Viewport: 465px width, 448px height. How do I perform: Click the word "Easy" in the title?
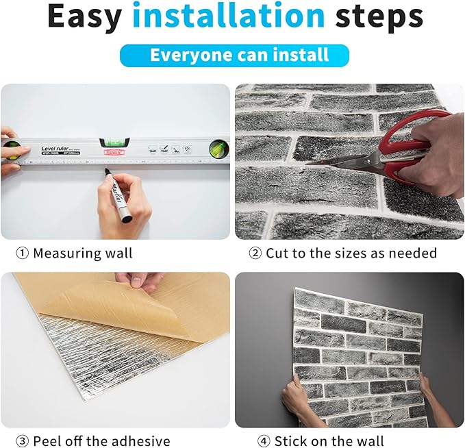coord(84,18)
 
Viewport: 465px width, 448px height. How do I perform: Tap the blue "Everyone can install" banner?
coord(234,55)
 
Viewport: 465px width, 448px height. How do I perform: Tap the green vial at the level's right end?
coord(218,149)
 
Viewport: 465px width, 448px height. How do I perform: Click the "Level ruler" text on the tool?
coord(58,149)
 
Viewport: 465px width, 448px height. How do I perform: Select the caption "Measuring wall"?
coord(83,253)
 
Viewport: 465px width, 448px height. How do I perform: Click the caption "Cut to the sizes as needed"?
coord(351,253)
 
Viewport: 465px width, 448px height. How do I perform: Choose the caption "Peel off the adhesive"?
coord(101,440)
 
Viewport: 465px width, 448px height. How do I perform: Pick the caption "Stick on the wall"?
coord(329,440)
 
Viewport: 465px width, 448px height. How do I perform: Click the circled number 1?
coord(23,253)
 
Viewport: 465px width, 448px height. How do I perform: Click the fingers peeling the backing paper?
coord(140,280)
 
